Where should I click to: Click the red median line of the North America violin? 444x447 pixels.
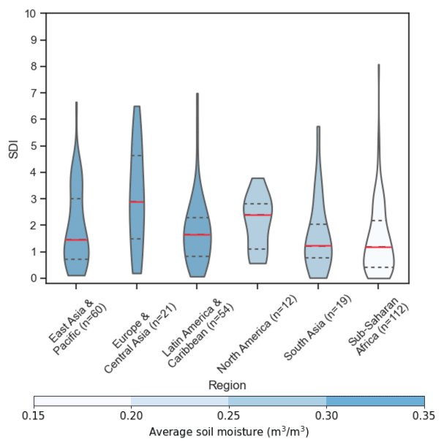click(x=257, y=215)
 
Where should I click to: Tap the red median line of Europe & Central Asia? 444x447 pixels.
click(x=136, y=202)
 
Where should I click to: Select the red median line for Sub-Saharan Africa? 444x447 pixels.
click(x=378, y=247)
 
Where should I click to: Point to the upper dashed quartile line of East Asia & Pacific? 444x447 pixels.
click(x=76, y=199)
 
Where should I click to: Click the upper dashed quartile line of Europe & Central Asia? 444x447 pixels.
click(x=136, y=155)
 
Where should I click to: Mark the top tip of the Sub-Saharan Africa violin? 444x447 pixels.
click(x=378, y=65)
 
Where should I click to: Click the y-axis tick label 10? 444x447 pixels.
click(x=30, y=14)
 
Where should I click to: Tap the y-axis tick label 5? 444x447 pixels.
click(x=32, y=146)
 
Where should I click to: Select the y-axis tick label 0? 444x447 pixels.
click(x=32, y=278)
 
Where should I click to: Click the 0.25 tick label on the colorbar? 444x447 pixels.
click(x=228, y=416)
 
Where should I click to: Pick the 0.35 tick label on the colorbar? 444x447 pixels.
click(x=424, y=416)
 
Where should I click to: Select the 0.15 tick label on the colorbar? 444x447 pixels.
click(x=34, y=416)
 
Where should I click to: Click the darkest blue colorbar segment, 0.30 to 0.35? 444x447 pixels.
click(x=375, y=401)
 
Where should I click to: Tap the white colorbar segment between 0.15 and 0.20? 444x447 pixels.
click(x=82, y=401)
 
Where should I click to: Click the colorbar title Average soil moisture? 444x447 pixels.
click(x=228, y=432)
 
